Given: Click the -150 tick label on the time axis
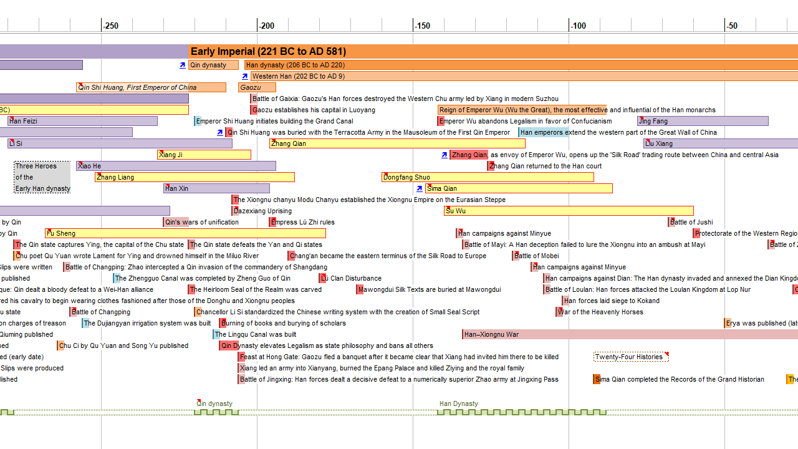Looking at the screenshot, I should [x=422, y=26].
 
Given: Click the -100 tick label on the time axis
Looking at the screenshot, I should [x=578, y=26].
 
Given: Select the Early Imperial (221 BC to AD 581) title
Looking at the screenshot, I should [x=268, y=52].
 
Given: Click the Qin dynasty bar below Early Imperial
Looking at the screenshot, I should [x=213, y=65].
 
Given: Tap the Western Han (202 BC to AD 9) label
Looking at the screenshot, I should [x=298, y=76].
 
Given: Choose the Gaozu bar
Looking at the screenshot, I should [x=256, y=87].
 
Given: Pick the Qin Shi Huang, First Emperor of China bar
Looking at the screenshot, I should [x=151, y=87].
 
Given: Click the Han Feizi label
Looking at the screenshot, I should [x=23, y=121].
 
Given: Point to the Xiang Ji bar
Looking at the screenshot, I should [x=204, y=155].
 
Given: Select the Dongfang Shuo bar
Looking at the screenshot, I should [x=487, y=177].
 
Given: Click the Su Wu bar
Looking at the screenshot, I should [x=568, y=211].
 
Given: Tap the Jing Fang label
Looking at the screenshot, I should [x=653, y=121].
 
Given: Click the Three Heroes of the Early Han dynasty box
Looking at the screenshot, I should [x=42, y=177].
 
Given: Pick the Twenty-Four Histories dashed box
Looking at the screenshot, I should [x=630, y=357].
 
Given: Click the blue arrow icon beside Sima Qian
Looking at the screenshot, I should [x=420, y=188].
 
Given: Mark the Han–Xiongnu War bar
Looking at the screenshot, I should [x=630, y=334].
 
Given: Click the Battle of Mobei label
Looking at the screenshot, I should [x=536, y=256].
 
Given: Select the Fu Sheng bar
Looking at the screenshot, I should [x=185, y=233].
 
